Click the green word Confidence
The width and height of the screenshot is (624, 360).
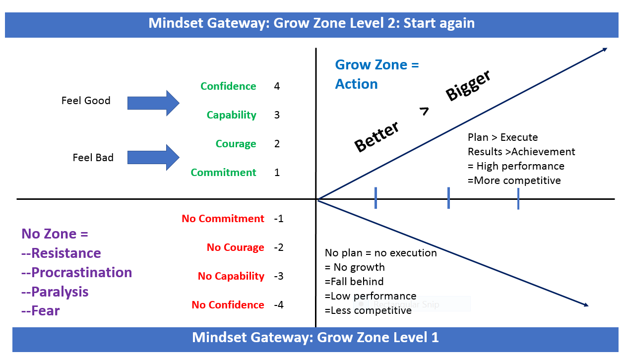(x=228, y=86)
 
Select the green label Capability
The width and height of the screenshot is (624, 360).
(x=231, y=115)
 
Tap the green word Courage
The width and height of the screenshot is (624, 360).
(x=236, y=144)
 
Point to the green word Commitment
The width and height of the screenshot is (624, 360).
(x=223, y=173)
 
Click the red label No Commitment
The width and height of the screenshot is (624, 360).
(x=223, y=219)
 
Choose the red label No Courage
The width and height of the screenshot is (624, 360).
(x=235, y=247)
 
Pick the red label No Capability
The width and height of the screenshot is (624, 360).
(x=231, y=276)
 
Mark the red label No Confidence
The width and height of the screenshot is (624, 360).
(x=228, y=305)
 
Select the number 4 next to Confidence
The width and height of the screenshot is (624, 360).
(x=277, y=86)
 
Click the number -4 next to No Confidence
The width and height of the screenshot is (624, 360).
(x=278, y=305)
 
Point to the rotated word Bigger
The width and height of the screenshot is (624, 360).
(x=468, y=85)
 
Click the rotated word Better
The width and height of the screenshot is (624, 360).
(x=377, y=137)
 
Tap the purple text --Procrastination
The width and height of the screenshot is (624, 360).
(x=77, y=273)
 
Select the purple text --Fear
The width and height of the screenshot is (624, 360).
(x=41, y=311)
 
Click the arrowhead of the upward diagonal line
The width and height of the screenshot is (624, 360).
(x=605, y=49)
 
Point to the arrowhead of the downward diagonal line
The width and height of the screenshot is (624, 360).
(x=586, y=305)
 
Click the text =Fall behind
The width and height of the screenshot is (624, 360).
(x=354, y=282)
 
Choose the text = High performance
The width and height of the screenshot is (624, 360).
(x=516, y=166)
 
